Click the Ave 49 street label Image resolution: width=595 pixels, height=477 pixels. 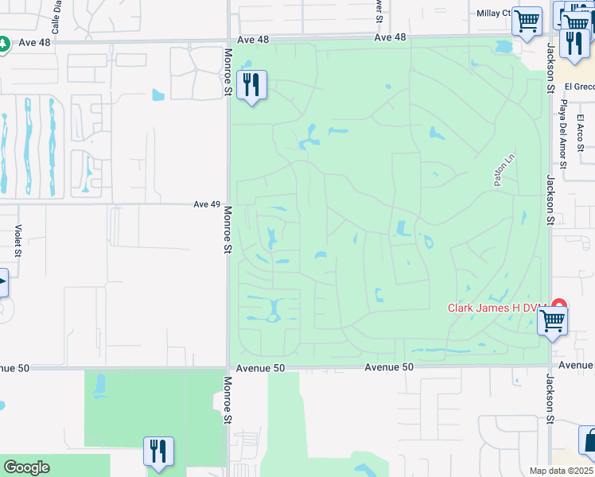pos(206,204)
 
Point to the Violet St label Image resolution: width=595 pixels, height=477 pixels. pos(17,241)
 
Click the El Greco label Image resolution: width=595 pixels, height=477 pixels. pos(579,87)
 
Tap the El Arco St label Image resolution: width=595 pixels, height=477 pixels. pos(581,133)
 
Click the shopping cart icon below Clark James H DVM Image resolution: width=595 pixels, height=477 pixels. pos(552,323)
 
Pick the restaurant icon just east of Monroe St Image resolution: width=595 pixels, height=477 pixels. pos(252,85)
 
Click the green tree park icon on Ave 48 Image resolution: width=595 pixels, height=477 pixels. pos(3,43)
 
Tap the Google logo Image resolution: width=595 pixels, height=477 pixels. pos(27,467)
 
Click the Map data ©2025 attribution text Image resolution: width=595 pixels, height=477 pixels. pos(561,471)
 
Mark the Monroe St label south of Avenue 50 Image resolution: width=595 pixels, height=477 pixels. pos(228,405)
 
